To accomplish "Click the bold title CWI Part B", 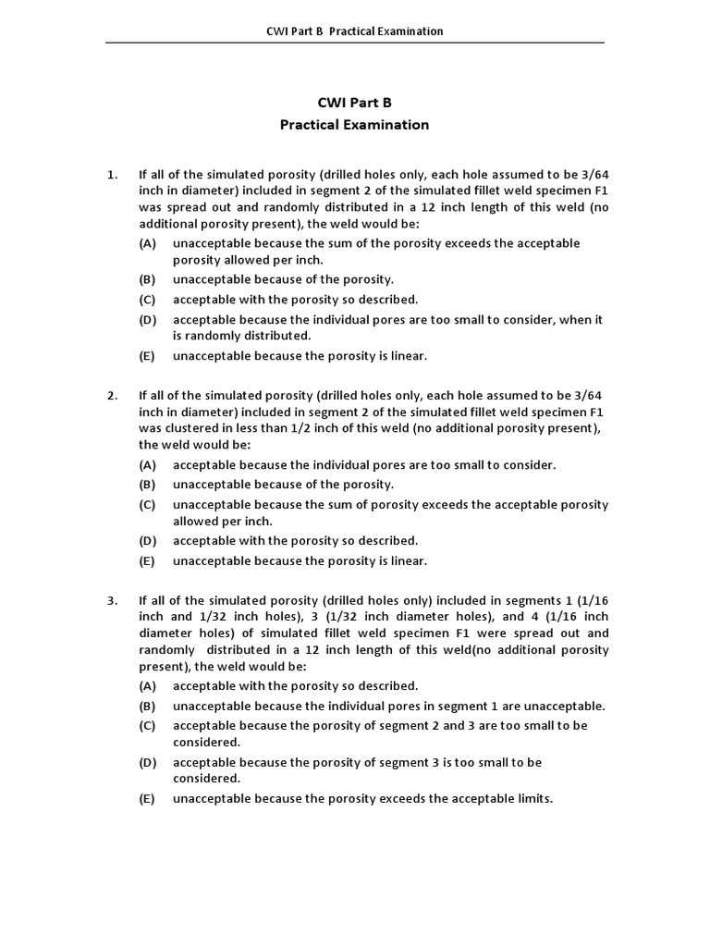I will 354,103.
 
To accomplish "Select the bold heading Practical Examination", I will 354,124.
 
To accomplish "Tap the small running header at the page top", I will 354,31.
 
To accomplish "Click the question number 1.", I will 112,174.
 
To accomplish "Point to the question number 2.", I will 112,396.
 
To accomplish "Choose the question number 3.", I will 112,600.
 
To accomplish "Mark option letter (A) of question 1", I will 148,243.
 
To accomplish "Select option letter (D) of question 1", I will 148,320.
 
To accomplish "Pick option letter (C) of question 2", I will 148,505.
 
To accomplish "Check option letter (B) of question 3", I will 148,706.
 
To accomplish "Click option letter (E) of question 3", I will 148,799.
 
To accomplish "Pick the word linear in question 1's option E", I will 408,356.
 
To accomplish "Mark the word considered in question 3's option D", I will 206,780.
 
